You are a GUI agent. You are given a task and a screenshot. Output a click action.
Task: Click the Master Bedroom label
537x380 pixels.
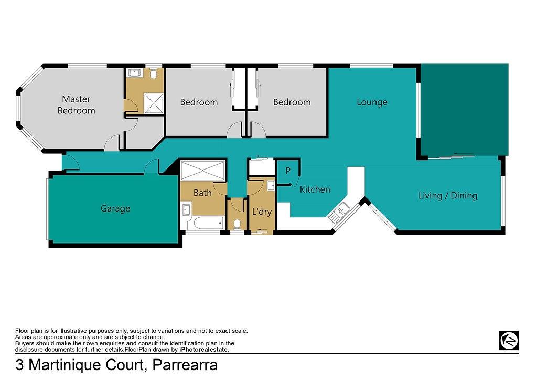(77, 104)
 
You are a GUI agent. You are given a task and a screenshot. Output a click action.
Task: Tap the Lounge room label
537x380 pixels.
(372, 102)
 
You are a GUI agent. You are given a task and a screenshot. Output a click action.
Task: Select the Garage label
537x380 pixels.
(115, 208)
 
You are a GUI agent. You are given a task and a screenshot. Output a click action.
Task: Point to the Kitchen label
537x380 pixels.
(315, 189)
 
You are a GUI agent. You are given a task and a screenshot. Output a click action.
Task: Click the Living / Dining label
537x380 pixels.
(448, 195)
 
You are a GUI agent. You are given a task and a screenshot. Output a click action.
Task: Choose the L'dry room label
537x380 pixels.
(262, 212)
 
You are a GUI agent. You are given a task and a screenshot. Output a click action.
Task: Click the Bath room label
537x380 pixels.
(202, 193)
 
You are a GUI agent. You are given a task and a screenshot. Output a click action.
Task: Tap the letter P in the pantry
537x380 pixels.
(288, 171)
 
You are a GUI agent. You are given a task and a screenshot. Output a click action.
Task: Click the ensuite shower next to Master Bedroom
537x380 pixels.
(154, 103)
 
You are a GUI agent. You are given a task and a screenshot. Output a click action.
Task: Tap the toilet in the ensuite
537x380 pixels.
(154, 74)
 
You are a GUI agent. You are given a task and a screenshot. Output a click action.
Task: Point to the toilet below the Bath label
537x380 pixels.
(237, 225)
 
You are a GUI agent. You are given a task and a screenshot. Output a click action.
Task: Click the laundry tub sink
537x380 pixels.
(271, 185)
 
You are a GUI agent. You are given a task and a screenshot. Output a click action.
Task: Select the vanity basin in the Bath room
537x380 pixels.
(186, 210)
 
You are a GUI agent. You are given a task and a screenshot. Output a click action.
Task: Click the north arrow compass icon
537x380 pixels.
(509, 340)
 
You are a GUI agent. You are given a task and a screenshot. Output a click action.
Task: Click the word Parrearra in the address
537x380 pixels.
(185, 365)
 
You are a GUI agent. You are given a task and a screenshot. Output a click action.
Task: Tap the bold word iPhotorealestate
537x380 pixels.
(204, 350)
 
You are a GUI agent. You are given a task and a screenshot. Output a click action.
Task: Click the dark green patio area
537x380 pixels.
(465, 110)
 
